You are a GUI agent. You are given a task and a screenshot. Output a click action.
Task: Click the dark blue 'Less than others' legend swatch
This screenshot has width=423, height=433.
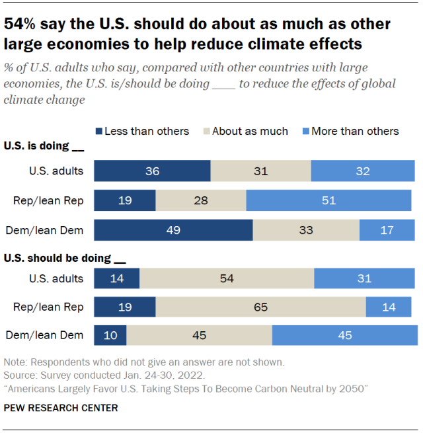click(100, 131)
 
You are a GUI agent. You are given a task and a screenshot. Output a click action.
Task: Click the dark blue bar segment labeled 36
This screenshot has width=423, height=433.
click(152, 171)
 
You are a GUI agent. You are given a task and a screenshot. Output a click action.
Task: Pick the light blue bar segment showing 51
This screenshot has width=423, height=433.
click(330, 200)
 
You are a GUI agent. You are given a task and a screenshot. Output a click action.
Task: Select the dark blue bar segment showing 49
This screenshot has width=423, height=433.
click(173, 229)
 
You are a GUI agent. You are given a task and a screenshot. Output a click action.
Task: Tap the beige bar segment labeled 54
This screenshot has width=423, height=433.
click(227, 278)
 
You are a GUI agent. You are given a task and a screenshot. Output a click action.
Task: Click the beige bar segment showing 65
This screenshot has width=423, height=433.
click(260, 307)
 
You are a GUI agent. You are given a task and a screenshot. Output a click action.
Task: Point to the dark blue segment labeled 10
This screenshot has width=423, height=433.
click(110, 335)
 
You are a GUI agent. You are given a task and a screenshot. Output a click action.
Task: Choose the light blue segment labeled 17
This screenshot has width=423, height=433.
click(387, 229)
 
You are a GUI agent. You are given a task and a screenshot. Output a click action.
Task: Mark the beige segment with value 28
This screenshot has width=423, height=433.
click(200, 200)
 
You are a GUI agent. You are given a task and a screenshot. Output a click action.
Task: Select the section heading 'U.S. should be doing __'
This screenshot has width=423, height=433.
click(63, 258)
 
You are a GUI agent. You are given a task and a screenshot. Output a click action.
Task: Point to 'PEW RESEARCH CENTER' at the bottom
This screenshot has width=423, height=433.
click(61, 408)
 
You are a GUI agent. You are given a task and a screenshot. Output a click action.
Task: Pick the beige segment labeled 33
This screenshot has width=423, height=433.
click(306, 229)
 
